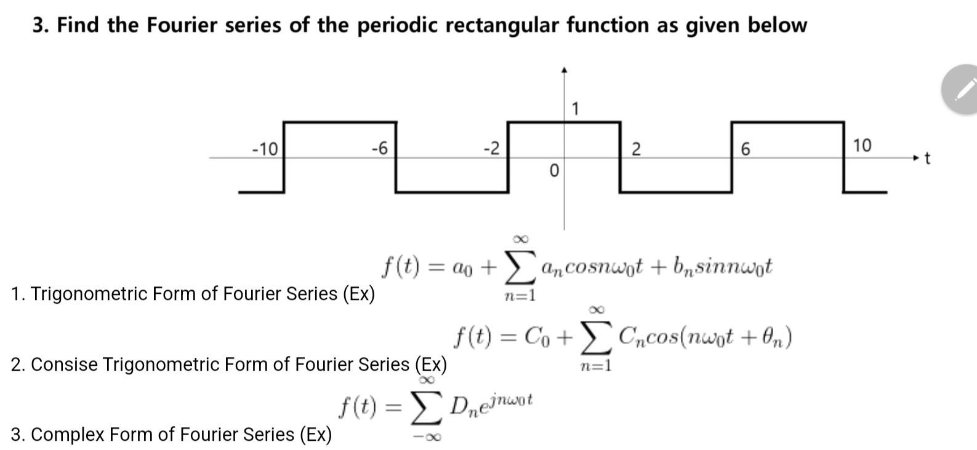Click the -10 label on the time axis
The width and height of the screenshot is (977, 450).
coord(265,149)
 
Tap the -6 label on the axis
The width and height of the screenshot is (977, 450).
coord(379,148)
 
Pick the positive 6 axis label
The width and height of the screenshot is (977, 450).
coord(746,149)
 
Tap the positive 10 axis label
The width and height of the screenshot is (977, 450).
coord(862,146)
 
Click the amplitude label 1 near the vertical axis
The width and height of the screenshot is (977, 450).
coord(575,110)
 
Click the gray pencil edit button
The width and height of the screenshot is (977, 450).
coord(963,89)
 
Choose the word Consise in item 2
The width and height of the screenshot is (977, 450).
coord(63,365)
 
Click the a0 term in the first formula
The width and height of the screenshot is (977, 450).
coord(462,267)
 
